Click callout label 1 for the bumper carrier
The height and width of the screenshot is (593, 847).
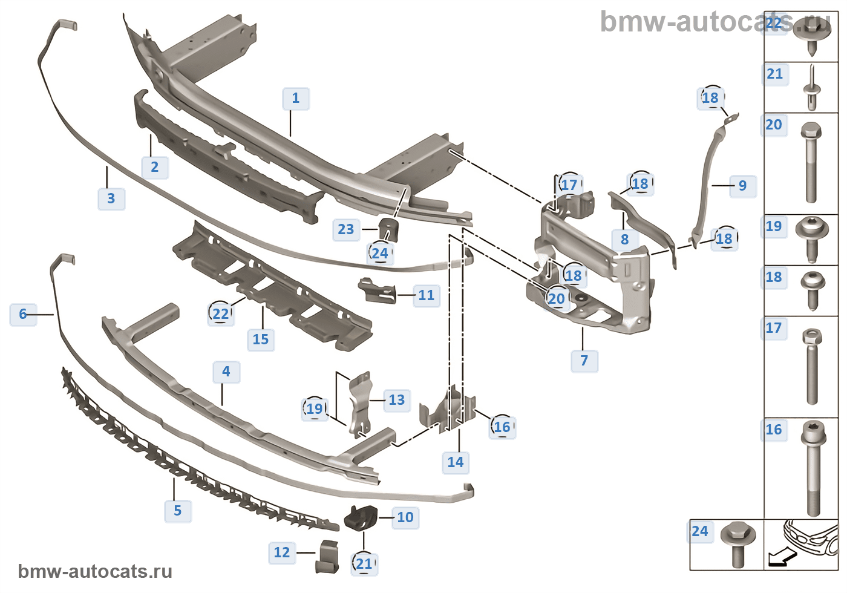click(x=296, y=98)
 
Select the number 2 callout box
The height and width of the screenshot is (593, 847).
click(x=155, y=167)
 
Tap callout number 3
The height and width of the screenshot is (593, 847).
click(x=111, y=198)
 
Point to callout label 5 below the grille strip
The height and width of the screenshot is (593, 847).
click(x=178, y=511)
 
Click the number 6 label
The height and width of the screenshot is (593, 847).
click(x=23, y=314)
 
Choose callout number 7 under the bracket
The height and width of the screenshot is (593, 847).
click(x=584, y=361)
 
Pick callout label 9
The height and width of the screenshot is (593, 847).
click(x=743, y=186)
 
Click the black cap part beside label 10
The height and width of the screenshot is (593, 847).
click(x=361, y=517)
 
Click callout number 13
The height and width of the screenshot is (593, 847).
click(x=397, y=400)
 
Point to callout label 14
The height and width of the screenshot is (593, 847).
click(x=456, y=462)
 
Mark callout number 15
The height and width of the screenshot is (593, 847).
click(x=261, y=339)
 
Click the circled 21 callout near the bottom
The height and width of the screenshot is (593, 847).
click(x=364, y=564)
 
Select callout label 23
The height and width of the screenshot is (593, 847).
click(x=346, y=229)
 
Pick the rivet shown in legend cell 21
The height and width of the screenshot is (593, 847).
click(x=811, y=90)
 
